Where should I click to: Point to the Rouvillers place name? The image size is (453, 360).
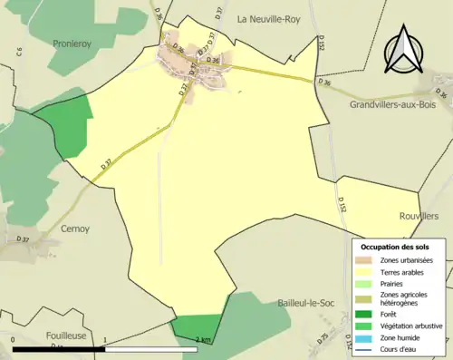pos(418,217)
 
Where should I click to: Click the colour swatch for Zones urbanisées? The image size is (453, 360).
pos(365,260)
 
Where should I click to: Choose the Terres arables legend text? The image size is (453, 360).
pos(402,272)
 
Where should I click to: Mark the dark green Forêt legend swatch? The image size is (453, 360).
pos(365,314)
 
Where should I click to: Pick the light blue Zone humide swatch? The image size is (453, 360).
pos(365,337)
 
